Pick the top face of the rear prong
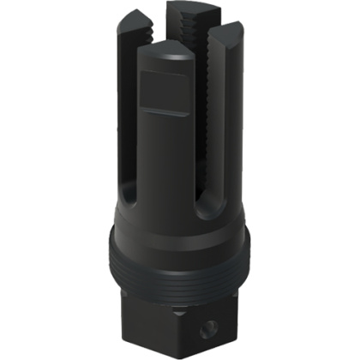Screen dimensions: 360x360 click(x=187, y=11)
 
